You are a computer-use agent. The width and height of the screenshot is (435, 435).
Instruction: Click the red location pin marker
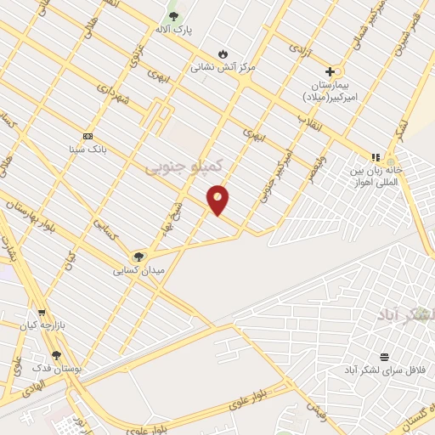pyautogui.click(x=218, y=199)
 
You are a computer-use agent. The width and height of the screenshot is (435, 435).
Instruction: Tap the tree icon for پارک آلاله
pyautogui.click(x=174, y=16)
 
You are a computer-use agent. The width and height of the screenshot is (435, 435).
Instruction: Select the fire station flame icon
pyautogui.click(x=223, y=53)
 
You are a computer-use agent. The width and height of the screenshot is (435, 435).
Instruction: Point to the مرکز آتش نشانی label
pyautogui.click(x=223, y=65)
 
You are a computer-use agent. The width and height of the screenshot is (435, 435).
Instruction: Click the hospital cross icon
pyautogui.click(x=330, y=72)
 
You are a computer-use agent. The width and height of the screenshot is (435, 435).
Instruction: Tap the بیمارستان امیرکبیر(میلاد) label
pyautogui.click(x=333, y=92)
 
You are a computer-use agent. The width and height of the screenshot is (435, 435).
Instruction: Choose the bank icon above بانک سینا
pyautogui.click(x=88, y=136)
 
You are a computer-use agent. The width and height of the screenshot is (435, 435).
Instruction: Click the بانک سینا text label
pyautogui.click(x=88, y=150)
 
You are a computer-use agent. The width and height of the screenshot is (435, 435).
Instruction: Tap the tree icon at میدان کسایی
pyautogui.click(x=138, y=257)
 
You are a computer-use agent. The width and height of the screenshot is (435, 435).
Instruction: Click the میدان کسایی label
pyautogui.click(x=138, y=270)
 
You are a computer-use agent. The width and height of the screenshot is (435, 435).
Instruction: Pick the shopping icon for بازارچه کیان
pyautogui.click(x=41, y=312)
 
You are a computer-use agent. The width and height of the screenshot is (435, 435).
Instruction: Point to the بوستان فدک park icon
pyautogui.click(x=56, y=355)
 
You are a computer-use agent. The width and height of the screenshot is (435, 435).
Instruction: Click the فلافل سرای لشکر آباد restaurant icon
pyautogui.click(x=384, y=357)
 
